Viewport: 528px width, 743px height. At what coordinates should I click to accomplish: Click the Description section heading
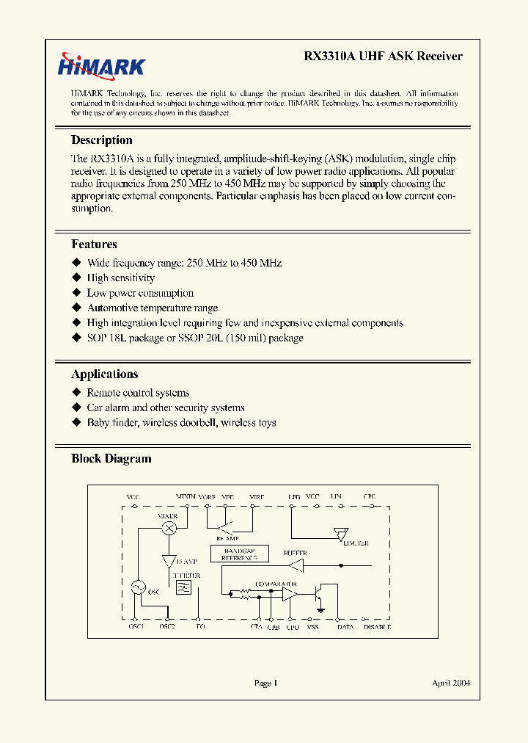[102, 140]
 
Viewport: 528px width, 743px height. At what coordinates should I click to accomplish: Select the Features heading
[94, 244]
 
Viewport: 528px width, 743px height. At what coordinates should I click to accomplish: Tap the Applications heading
[104, 374]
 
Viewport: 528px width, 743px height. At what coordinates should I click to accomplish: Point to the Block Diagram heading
[111, 459]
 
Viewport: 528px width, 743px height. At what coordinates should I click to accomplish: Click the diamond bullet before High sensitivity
[76, 278]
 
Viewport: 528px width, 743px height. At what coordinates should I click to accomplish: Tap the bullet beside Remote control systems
[76, 393]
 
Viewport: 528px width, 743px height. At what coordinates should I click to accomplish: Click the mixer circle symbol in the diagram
[169, 528]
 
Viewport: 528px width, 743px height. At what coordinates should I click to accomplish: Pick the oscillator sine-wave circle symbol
[136, 587]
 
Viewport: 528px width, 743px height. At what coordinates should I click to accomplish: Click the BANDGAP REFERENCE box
[239, 554]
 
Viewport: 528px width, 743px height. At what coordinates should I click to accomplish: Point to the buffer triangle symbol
[296, 565]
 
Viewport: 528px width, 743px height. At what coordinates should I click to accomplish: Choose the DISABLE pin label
[377, 627]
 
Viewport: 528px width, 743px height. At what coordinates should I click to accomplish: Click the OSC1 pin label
[136, 627]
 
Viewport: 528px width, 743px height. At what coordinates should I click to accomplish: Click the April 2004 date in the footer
[450, 683]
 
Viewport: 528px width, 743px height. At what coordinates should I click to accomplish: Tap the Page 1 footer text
[265, 683]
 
